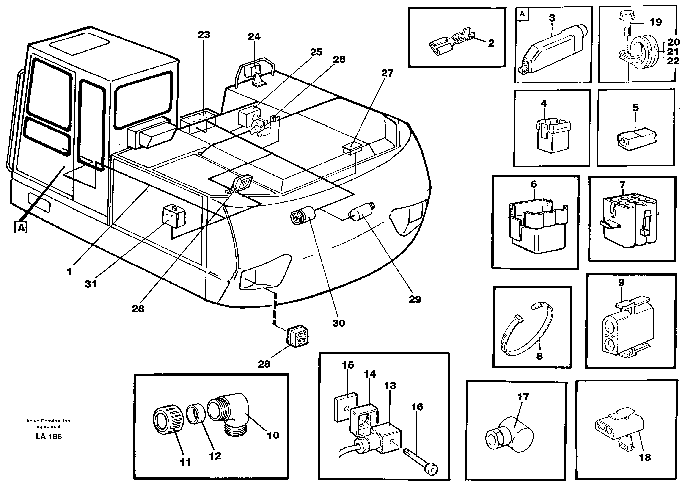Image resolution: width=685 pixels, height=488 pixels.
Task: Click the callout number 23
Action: tap(204, 35)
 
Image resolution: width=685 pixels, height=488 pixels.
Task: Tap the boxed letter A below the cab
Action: tap(21, 227)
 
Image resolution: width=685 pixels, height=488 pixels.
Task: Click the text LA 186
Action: tap(48, 437)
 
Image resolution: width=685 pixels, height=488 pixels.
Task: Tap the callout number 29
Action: tap(415, 299)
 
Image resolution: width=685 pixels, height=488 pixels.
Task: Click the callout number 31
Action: tap(91, 284)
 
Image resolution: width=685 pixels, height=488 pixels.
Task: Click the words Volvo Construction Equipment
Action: tap(48, 423)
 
